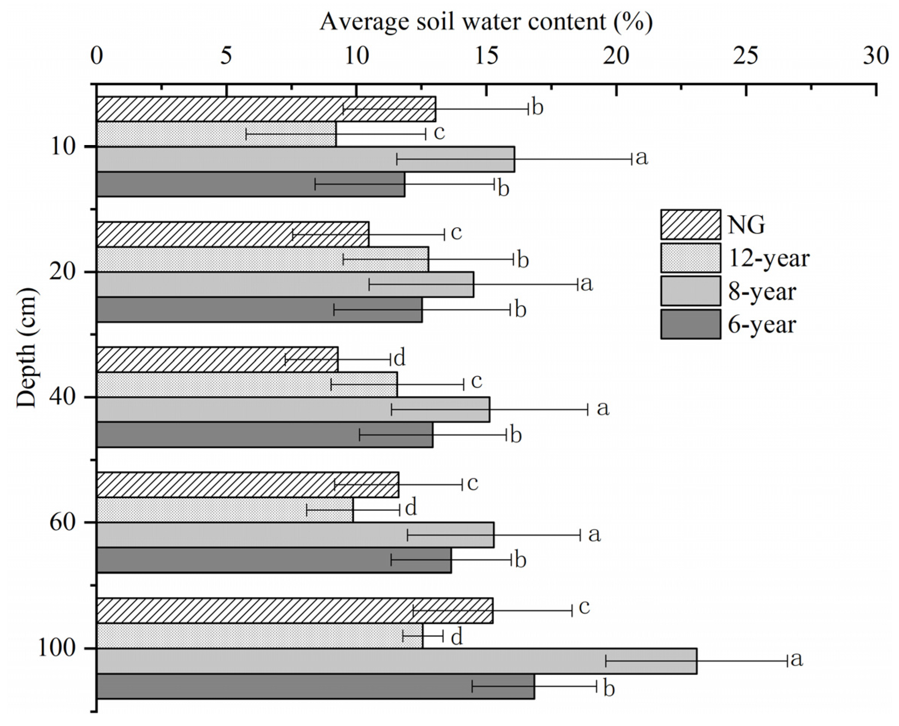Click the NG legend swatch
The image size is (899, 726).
pos(690,225)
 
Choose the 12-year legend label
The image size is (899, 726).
pos(768,258)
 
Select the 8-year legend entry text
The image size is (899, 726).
pos(762,292)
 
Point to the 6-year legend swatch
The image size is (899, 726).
pos(690,324)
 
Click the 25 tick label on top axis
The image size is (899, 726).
pos(746,56)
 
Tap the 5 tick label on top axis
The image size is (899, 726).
pos(226,56)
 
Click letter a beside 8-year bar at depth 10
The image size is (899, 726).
pos(641,158)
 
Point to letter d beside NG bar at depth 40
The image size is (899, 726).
pos(400,359)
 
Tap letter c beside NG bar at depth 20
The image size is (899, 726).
pos(456,233)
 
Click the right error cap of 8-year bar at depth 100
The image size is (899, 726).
pos(787,661)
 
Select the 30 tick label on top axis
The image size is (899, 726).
pos(875,56)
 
